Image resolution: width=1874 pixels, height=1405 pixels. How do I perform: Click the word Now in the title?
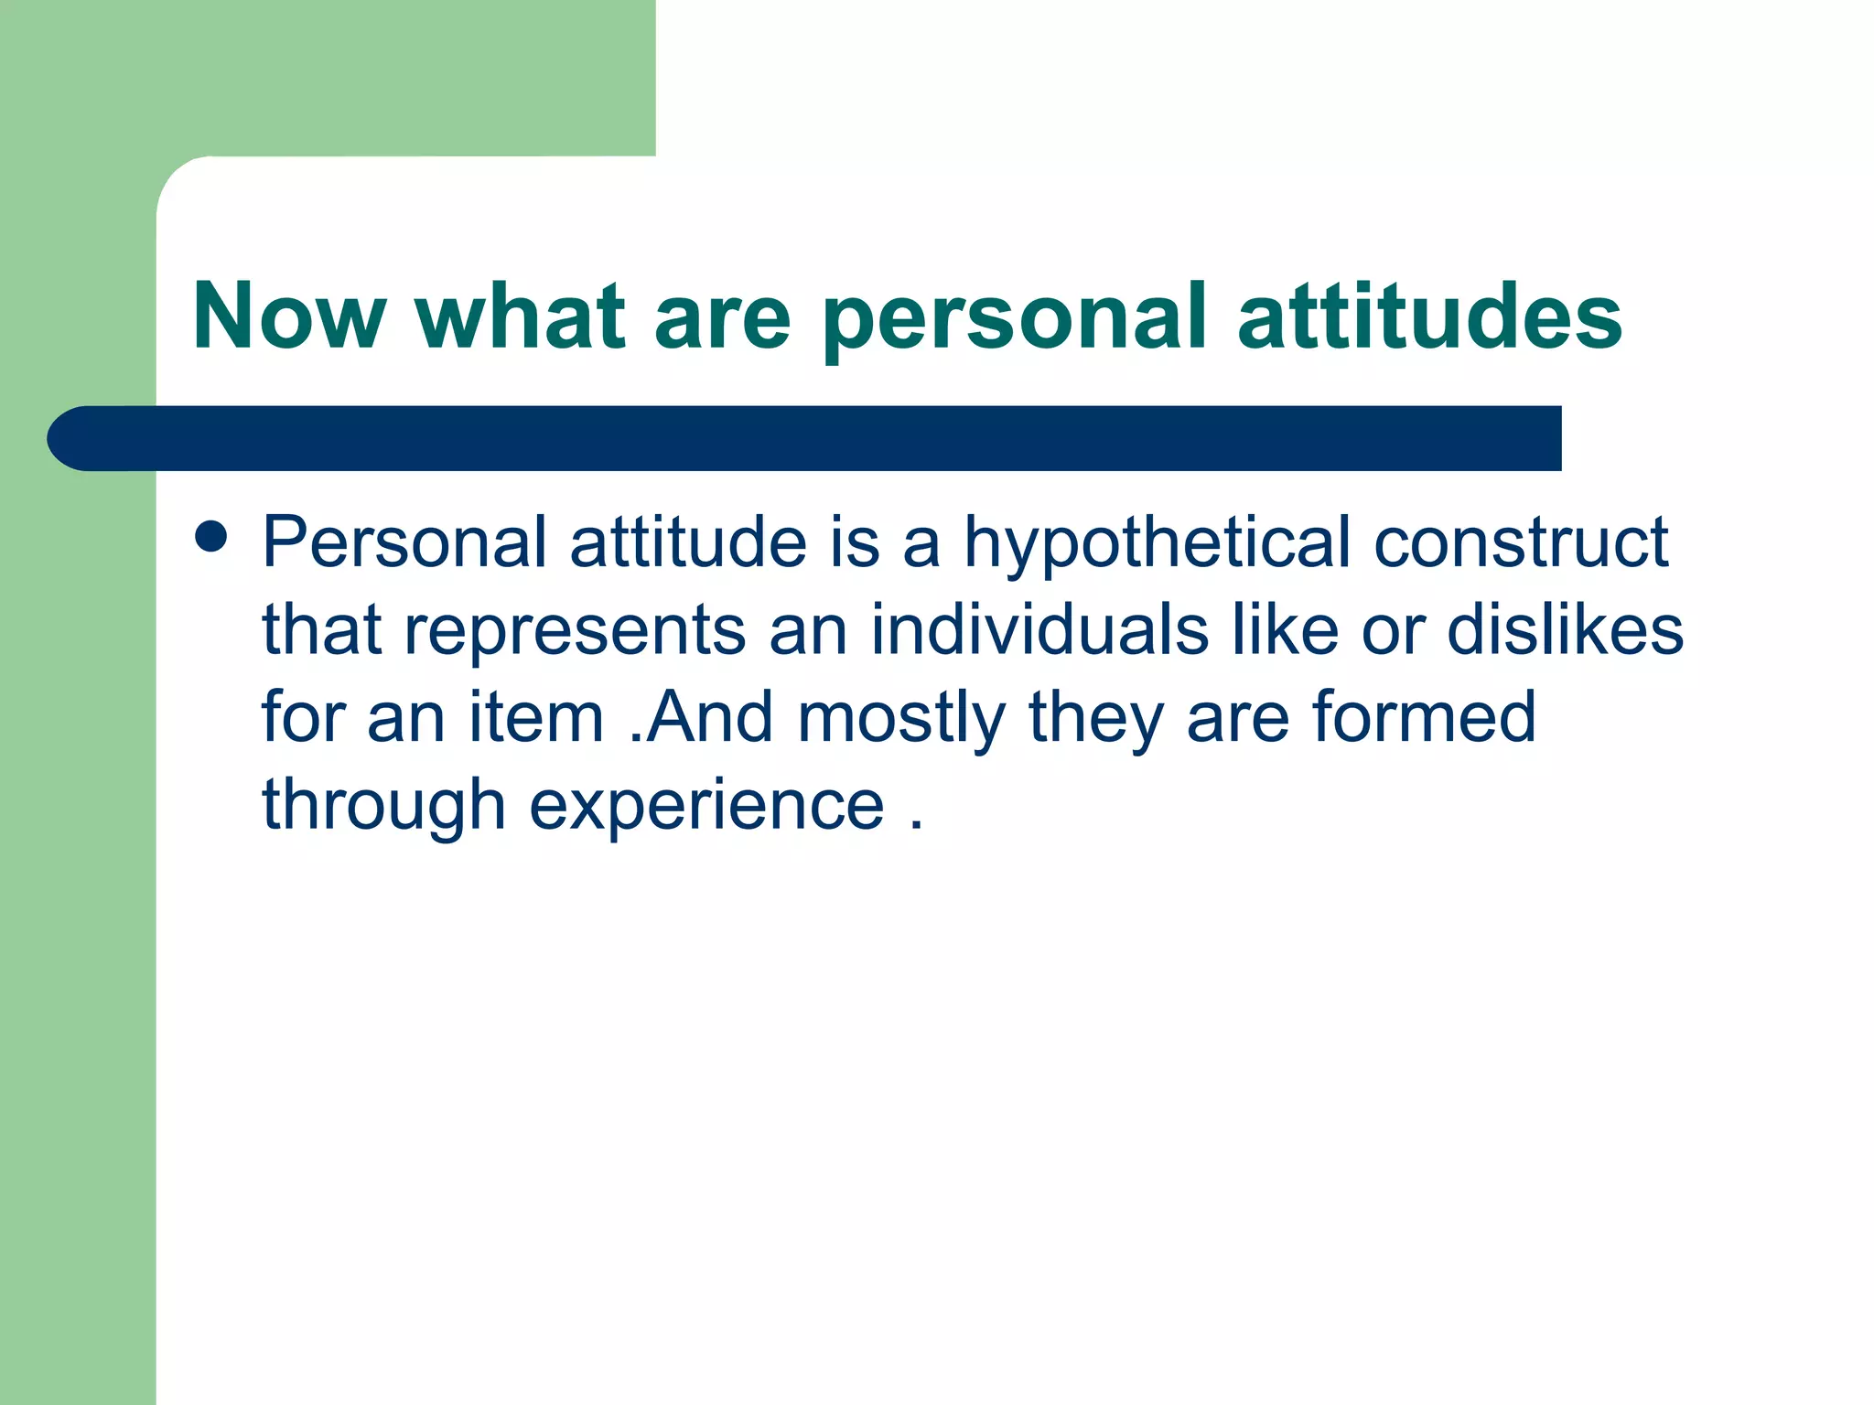(x=289, y=316)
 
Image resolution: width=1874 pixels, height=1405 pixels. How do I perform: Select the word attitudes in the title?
(x=1429, y=316)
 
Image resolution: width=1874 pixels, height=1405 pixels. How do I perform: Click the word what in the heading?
(x=521, y=316)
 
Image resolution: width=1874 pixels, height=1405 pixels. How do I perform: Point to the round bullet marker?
(x=211, y=537)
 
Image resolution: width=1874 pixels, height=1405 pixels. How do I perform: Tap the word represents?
(x=576, y=631)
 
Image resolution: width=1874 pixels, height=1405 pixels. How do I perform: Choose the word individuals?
(x=1039, y=631)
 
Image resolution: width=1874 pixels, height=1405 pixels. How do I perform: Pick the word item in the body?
(x=536, y=718)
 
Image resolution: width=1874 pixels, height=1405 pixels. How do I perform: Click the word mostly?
(x=901, y=718)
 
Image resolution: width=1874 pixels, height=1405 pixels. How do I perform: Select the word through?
(x=383, y=806)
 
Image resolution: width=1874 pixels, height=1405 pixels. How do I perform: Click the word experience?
(x=706, y=806)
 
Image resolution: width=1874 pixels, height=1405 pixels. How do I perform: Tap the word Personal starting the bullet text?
(x=404, y=543)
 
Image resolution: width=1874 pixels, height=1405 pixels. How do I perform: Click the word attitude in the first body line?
(x=688, y=543)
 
